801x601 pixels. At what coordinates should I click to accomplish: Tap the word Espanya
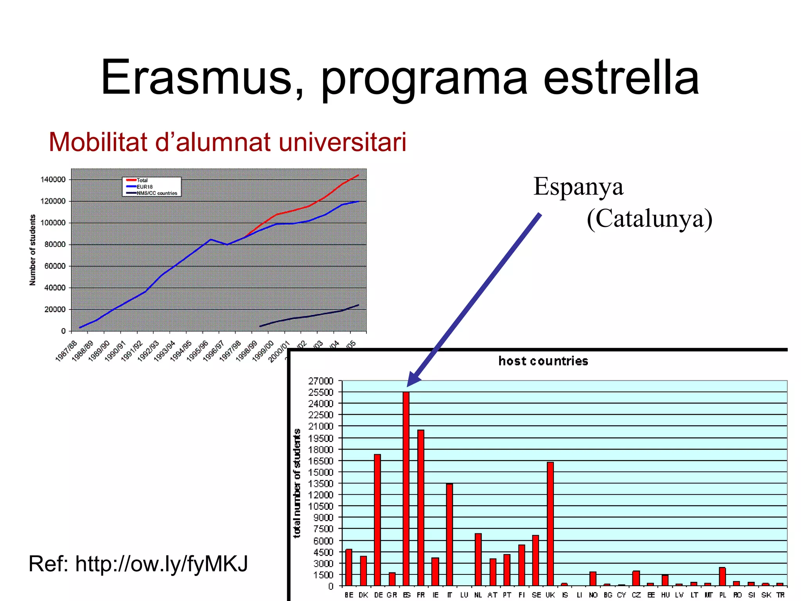578,187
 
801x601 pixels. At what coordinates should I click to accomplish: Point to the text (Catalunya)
649,218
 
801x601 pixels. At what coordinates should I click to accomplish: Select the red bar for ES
406,489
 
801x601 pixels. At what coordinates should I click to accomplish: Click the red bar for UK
550,524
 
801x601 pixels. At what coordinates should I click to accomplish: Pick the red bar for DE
377,520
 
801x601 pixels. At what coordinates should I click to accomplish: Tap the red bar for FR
421,509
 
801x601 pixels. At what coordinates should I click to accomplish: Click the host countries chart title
543,361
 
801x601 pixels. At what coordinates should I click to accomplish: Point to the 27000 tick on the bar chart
321,381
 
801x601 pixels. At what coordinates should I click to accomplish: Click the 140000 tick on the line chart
53,180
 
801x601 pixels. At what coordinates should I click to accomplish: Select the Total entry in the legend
142,180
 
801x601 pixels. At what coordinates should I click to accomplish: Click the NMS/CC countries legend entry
156,193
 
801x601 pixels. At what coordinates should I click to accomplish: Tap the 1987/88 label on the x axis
66,351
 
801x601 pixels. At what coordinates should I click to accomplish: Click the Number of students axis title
32,250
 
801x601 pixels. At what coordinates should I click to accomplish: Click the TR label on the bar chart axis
780,595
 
